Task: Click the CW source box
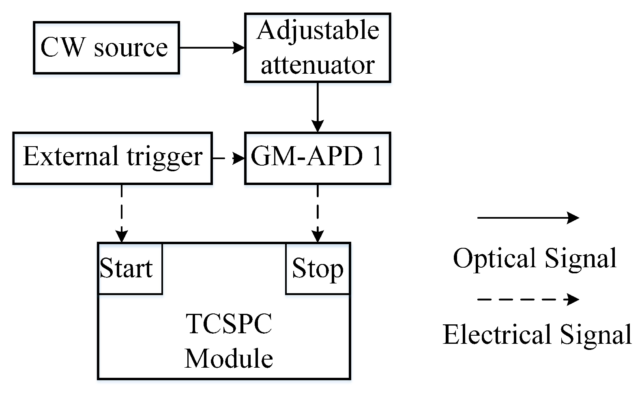coord(106,48)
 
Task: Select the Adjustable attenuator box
coord(317,48)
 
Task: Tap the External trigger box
coord(112,158)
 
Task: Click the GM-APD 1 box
coord(317,158)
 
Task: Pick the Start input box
coord(130,268)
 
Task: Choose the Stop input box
coord(318,268)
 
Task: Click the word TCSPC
coord(229,324)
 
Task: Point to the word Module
coord(229,359)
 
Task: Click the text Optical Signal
coord(535,258)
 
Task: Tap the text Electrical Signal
coord(537,335)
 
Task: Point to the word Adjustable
coord(318,30)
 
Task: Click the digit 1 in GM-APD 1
coord(377,156)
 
